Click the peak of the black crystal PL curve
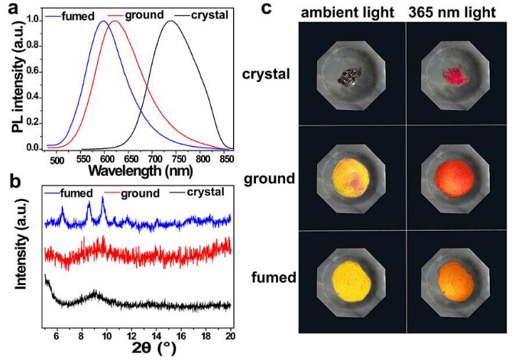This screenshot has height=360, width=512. pos(172,22)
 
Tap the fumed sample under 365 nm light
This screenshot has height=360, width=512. pos(456,283)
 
